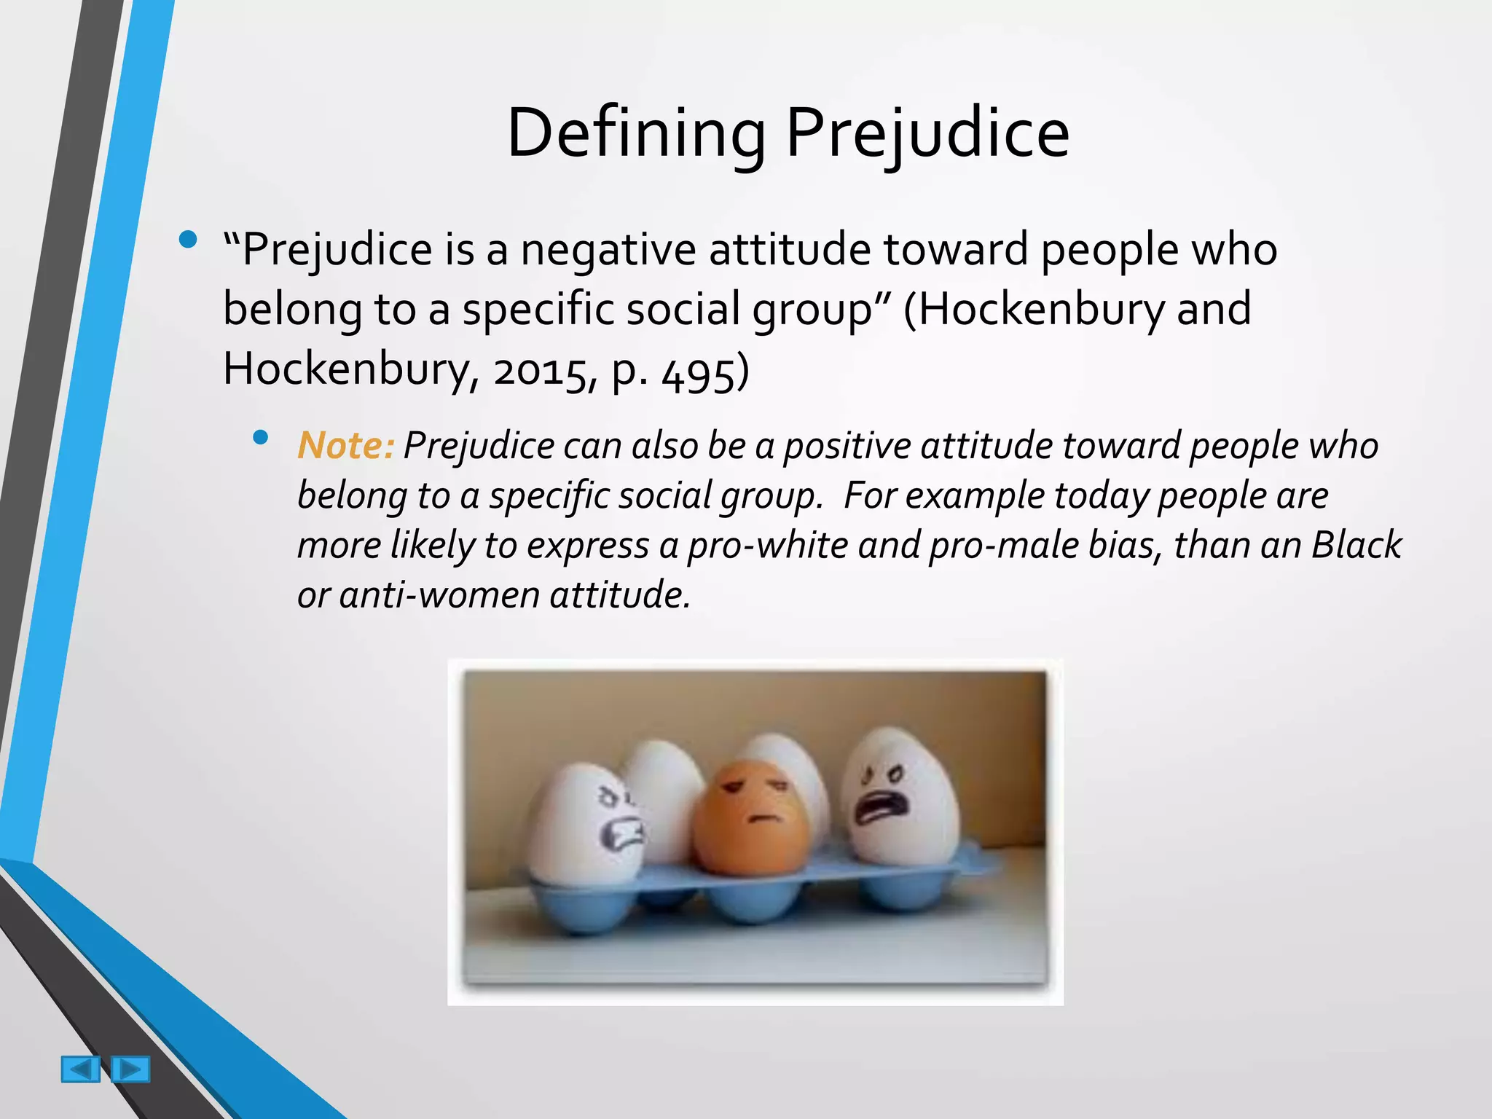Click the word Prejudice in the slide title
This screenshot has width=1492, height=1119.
927,133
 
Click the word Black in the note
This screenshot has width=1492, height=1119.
1356,545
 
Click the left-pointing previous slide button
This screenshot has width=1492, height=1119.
80,1069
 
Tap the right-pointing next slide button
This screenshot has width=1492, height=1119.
131,1069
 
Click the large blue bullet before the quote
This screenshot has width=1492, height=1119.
188,240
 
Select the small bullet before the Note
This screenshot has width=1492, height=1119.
260,437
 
